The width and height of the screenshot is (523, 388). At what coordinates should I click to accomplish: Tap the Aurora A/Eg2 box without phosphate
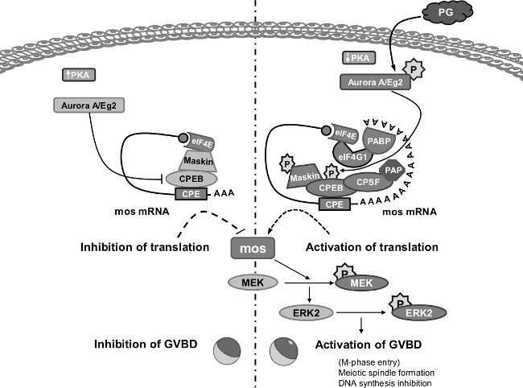(90, 105)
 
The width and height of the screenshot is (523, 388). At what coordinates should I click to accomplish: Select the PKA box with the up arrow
(79, 75)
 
